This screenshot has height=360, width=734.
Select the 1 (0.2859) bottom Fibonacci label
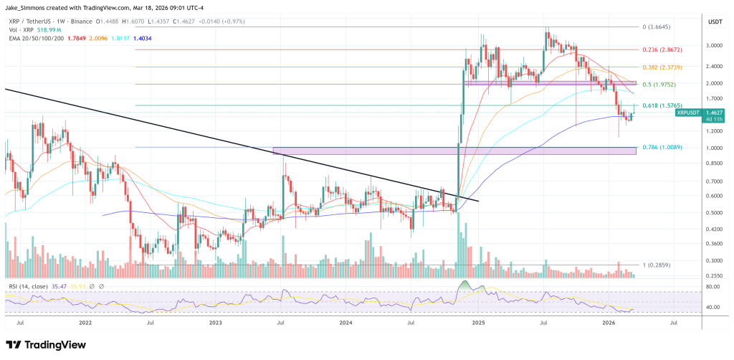click(x=655, y=265)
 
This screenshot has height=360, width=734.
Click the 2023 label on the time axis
click(x=216, y=323)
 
